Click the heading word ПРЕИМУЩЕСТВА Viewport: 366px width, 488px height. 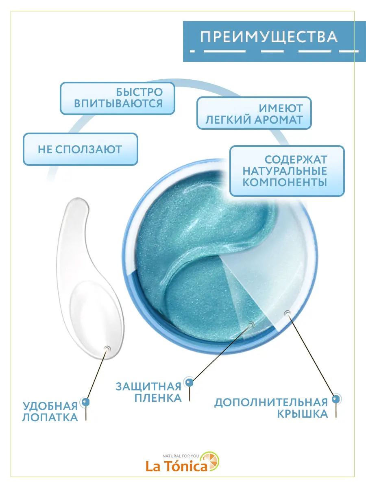[269, 37]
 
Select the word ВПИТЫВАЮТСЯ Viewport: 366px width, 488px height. [118, 103]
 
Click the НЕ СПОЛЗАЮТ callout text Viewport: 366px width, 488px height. [80, 149]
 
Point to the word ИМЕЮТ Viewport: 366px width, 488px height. [281, 109]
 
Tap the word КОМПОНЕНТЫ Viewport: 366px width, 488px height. [285, 182]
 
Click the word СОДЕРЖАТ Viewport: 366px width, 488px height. [296, 159]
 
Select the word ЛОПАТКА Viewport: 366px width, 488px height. [50, 417]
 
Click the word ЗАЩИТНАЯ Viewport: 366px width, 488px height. [148, 386]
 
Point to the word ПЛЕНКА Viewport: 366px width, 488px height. [158, 398]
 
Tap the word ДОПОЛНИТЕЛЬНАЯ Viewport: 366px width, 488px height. [271, 403]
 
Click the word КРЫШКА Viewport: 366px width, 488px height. [303, 414]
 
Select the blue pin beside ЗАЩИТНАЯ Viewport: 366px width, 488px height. [189, 382]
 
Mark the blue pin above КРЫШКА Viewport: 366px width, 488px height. [335, 399]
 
